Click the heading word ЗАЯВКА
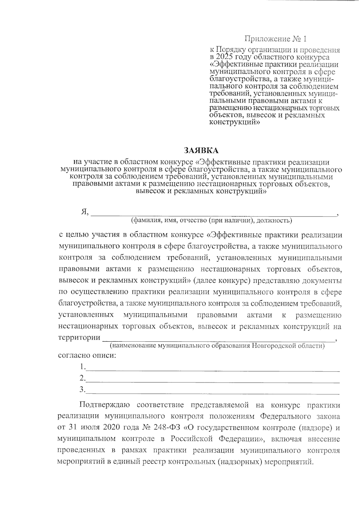tap(201, 150)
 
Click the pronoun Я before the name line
tap(84, 212)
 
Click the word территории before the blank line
tap(79, 337)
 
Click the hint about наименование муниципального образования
tap(217, 346)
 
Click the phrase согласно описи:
tap(87, 356)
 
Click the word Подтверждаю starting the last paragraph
tap(104, 405)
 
